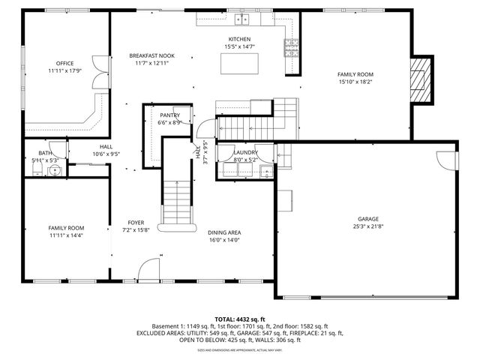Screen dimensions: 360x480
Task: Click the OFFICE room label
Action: [x=64, y=63]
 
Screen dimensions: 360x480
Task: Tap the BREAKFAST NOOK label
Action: [x=152, y=55]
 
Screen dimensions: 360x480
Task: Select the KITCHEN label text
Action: [x=239, y=39]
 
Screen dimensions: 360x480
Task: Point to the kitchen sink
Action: [x=241, y=20]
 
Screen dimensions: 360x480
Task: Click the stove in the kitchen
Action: [x=289, y=48]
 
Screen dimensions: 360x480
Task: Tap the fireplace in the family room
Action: [x=422, y=78]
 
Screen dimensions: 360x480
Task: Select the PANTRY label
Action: [x=169, y=115]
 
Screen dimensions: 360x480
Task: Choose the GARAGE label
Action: [x=367, y=218]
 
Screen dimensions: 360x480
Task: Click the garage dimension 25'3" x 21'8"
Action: [x=367, y=226]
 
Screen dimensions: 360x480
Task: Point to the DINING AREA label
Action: [x=223, y=232]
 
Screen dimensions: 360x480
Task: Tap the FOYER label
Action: [x=136, y=222]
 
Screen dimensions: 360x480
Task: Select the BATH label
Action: [x=44, y=152]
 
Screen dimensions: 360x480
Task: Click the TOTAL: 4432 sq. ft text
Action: [x=239, y=319]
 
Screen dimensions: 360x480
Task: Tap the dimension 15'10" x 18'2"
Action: [x=355, y=82]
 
